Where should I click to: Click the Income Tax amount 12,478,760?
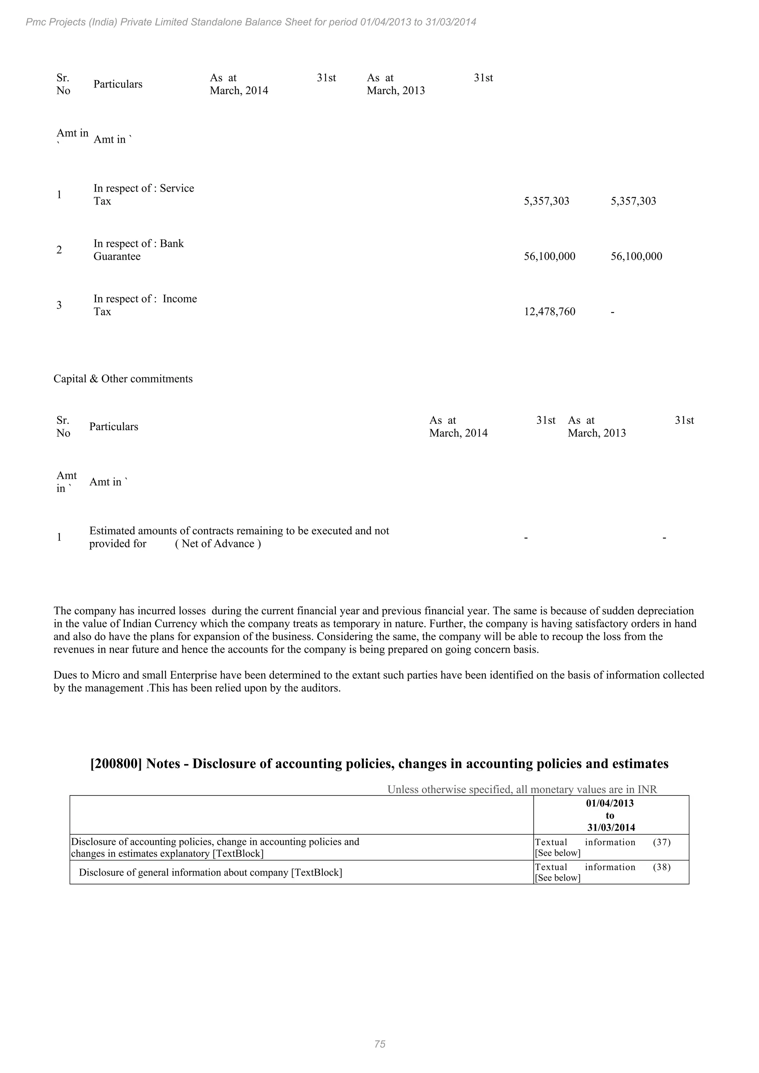coord(549,312)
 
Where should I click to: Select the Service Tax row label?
coord(143,195)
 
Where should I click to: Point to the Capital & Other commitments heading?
coord(123,379)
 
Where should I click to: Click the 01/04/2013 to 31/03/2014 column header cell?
coord(610,815)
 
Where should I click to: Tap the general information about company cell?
coord(210,873)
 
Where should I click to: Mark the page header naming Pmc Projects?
coord(251,22)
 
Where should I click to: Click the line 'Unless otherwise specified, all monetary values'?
coord(522,789)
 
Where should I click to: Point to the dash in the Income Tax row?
coord(613,312)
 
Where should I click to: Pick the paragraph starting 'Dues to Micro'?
coord(378,681)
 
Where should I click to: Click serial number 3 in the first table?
coord(59,305)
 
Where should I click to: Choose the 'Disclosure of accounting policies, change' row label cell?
coord(215,847)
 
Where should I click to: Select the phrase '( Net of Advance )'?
coord(218,544)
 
